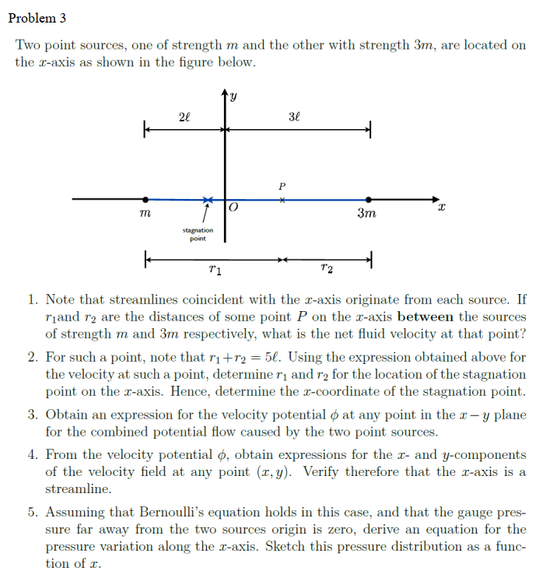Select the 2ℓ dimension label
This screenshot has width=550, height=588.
pos(183,117)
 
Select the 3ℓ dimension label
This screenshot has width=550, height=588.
pos(293,117)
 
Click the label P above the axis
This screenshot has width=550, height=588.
pos(282,186)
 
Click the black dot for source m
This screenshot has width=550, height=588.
pos(144,200)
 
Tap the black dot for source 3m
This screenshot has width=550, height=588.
pos(369,200)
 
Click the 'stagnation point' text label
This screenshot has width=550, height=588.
pos(198,234)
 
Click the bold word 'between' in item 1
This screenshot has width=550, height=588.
pos(425,317)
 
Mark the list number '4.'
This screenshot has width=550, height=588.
pos(33,455)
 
